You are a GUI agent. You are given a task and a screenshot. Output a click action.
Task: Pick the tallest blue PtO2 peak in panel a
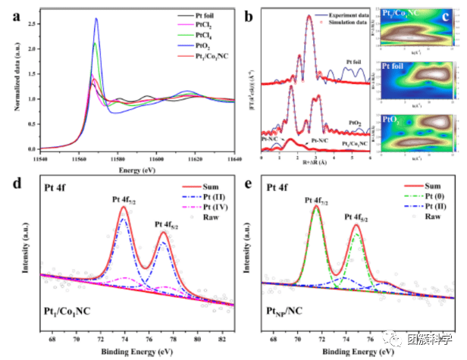tap(96, 20)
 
